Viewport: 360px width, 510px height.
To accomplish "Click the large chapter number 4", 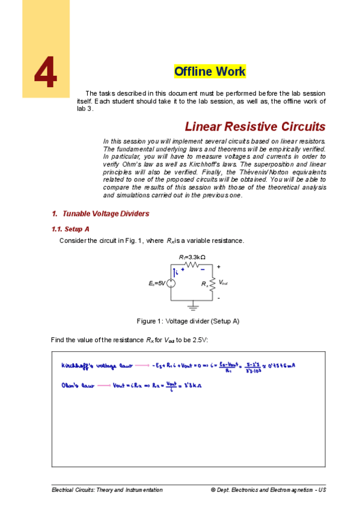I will tap(46, 73).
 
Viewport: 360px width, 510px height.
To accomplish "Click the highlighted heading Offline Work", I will tap(209, 72).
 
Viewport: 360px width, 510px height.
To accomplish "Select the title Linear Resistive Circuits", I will tap(255, 127).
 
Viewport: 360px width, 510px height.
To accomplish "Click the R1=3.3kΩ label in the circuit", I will tap(192, 257).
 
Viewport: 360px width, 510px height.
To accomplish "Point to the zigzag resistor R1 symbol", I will tap(192, 264).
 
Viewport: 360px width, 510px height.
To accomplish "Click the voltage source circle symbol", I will tap(171, 282).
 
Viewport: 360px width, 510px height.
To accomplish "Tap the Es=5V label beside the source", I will tap(157, 282).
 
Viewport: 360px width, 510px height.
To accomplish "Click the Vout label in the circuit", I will tap(222, 282).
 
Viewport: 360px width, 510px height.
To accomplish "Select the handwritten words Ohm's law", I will tap(76, 385).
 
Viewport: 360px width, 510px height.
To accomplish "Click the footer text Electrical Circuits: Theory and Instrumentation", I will tap(107, 490).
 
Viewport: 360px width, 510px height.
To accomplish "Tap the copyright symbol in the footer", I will tap(213, 490).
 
